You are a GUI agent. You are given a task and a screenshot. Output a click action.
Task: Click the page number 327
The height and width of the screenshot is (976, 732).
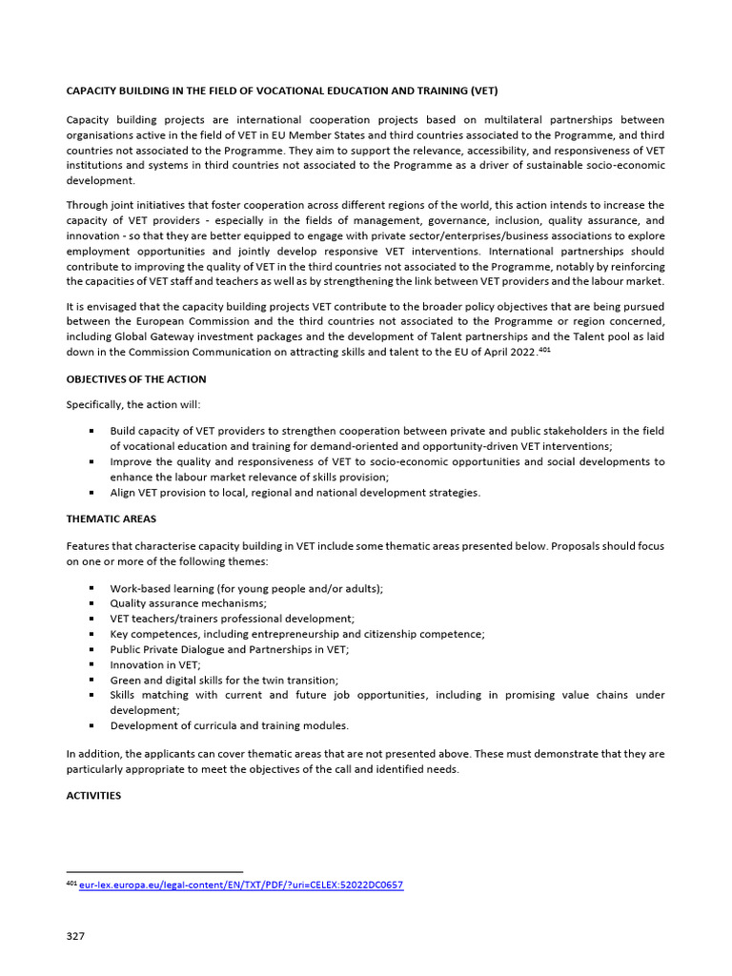pos(75,936)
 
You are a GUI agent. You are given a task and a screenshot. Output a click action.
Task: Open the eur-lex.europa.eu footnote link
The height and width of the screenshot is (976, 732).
pos(241,884)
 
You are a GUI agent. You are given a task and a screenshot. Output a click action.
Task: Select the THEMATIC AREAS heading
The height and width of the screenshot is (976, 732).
pos(112,518)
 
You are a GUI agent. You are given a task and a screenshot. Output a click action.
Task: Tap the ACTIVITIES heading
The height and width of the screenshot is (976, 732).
pos(93,795)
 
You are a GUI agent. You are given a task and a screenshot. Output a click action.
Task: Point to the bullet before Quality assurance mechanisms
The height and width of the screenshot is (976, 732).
pos(91,603)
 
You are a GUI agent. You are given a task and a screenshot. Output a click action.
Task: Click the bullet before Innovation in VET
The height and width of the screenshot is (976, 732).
pos(91,664)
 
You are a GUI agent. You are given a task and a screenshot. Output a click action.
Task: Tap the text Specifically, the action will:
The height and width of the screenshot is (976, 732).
pos(133,405)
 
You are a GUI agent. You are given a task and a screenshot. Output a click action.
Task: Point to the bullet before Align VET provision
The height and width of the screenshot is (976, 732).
pos(91,493)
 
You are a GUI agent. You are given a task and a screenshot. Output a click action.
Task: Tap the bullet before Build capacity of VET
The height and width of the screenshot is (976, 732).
pos(91,431)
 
